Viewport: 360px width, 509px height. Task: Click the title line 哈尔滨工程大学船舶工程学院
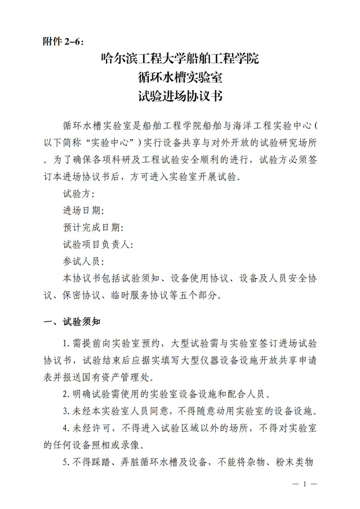(x=180, y=58)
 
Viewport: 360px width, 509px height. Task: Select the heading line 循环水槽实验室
(x=180, y=77)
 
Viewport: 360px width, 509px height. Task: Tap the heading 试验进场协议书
(x=180, y=96)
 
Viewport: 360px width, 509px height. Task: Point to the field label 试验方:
(x=79, y=194)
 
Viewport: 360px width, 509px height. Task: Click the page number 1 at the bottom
(x=304, y=484)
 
